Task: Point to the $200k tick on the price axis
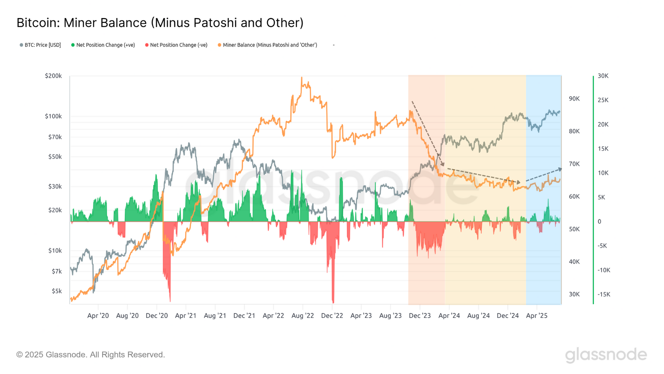(53, 76)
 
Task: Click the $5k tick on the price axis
(56, 291)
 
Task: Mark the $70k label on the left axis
(55, 137)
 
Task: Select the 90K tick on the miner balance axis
(574, 99)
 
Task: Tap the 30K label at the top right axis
(603, 76)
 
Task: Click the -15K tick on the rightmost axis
(604, 294)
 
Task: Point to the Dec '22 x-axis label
(332, 316)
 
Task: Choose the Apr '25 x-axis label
(537, 316)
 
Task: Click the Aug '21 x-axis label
(215, 316)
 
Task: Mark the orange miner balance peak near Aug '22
(301, 78)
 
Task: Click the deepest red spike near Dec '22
(333, 302)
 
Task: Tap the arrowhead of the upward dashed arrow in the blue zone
(560, 169)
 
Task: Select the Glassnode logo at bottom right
(606, 355)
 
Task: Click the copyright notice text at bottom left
(90, 355)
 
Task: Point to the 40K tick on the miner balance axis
(574, 262)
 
